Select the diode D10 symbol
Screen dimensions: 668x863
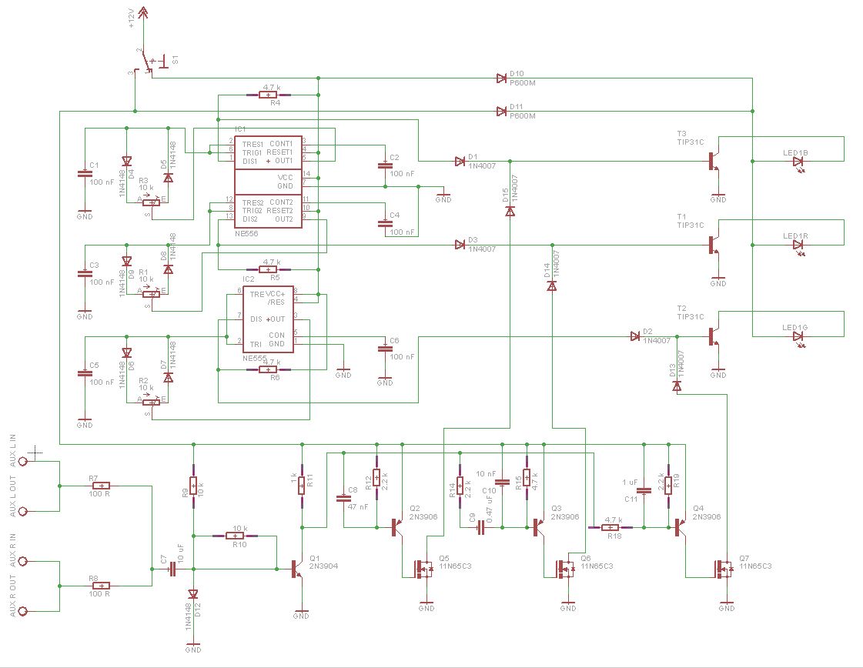tap(501, 78)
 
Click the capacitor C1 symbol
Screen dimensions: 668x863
tap(85, 175)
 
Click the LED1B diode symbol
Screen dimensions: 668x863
tap(798, 162)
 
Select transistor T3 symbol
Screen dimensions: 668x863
tap(714, 162)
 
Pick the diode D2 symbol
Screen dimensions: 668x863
tap(635, 336)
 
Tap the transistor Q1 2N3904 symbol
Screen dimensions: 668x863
tap(296, 569)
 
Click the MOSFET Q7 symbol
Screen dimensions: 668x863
tap(724, 569)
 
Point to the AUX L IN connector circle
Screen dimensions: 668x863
tap(23, 461)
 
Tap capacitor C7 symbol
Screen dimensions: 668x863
tap(172, 569)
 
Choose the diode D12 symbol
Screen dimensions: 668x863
tap(193, 594)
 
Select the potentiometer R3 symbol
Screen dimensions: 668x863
tap(152, 203)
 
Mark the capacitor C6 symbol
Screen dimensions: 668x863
tap(385, 349)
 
